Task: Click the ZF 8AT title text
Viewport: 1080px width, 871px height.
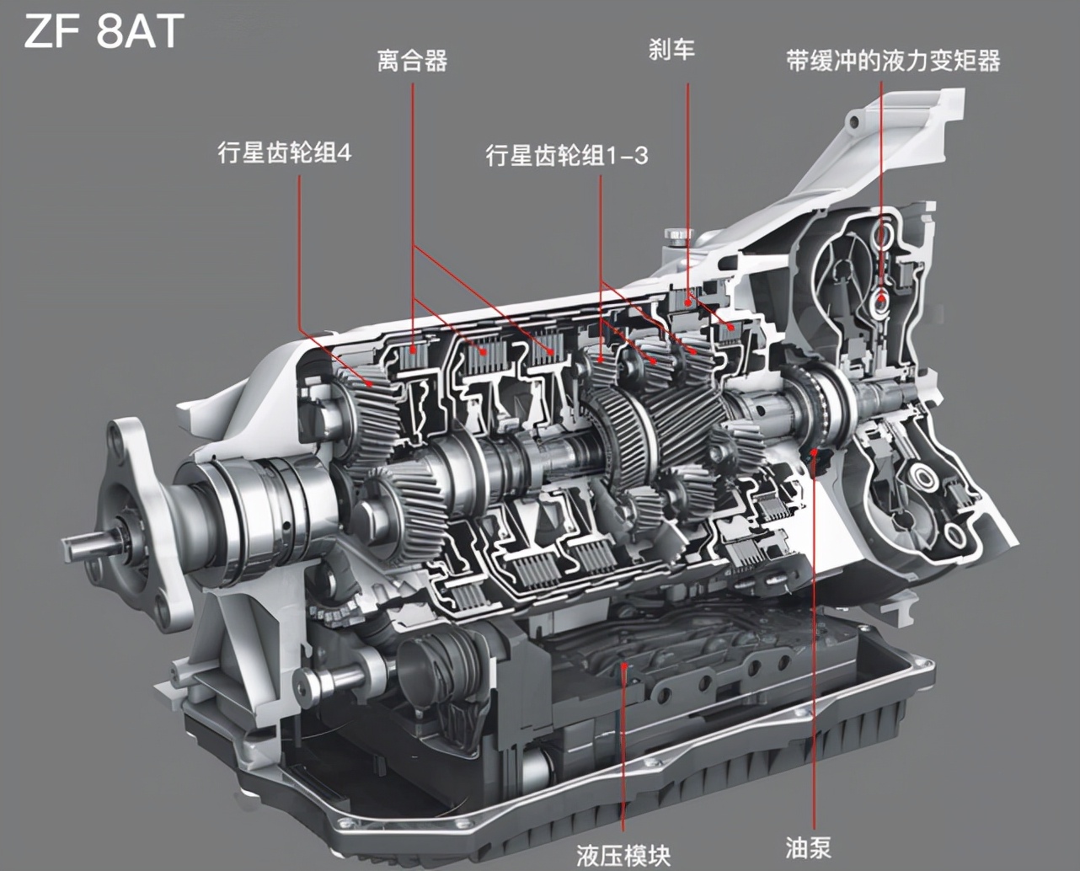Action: click(104, 31)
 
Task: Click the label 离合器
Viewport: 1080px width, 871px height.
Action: click(412, 61)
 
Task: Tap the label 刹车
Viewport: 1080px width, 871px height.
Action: click(671, 51)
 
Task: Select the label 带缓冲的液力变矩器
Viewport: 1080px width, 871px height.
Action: click(893, 61)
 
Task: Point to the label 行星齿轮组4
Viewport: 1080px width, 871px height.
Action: click(285, 152)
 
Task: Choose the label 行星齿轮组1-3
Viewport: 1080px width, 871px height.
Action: click(567, 155)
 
